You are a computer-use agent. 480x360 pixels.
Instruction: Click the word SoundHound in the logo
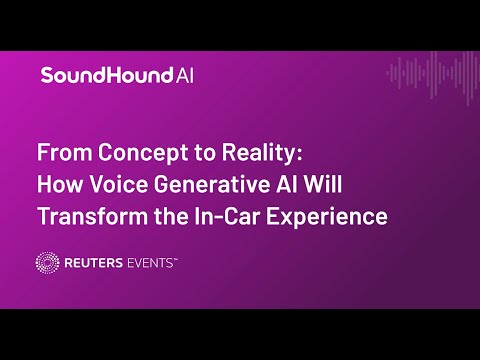tap(107, 75)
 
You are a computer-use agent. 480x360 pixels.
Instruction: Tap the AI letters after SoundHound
tap(184, 75)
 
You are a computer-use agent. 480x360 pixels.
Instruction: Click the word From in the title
tap(65, 152)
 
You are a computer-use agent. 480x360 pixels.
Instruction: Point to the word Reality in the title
tap(259, 154)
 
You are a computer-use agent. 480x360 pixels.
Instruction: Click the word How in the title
tap(59, 184)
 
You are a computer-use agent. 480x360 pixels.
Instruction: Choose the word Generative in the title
tap(211, 184)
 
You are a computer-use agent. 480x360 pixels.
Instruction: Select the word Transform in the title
tap(93, 216)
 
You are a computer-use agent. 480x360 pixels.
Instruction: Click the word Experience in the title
tap(327, 218)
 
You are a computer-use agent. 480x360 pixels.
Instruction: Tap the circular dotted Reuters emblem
tap(47, 263)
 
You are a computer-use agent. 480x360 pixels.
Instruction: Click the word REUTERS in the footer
tap(94, 263)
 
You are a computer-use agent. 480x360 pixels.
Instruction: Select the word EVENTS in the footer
tap(149, 263)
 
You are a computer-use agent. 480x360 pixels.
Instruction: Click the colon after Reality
tap(299, 154)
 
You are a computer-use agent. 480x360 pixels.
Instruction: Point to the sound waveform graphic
tap(433, 77)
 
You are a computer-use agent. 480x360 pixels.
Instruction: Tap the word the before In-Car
tap(171, 216)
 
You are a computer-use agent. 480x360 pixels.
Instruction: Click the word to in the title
tap(205, 153)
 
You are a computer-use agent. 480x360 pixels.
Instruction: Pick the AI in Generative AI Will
tap(287, 184)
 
